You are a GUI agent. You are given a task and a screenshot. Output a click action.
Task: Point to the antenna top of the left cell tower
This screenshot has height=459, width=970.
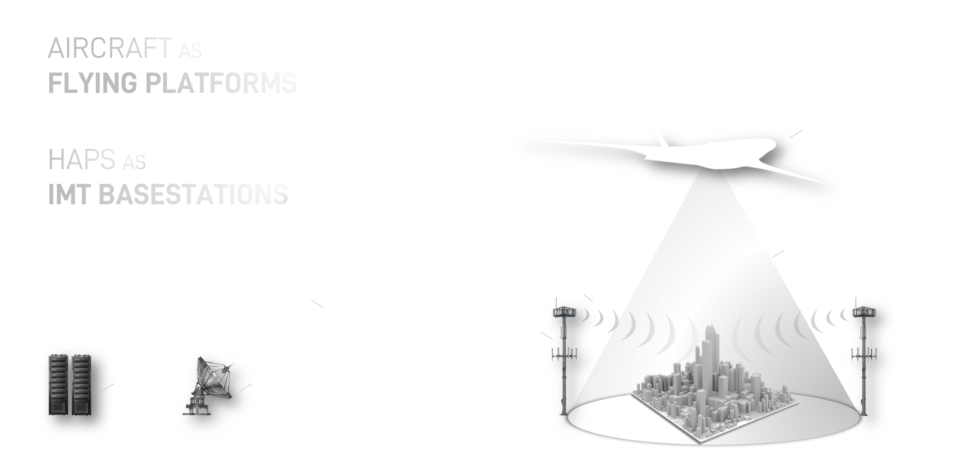(564, 311)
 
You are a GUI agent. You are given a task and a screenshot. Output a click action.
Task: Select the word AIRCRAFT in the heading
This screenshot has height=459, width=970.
(110, 48)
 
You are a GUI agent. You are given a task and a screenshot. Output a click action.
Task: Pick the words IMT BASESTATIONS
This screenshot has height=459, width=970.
(168, 194)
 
